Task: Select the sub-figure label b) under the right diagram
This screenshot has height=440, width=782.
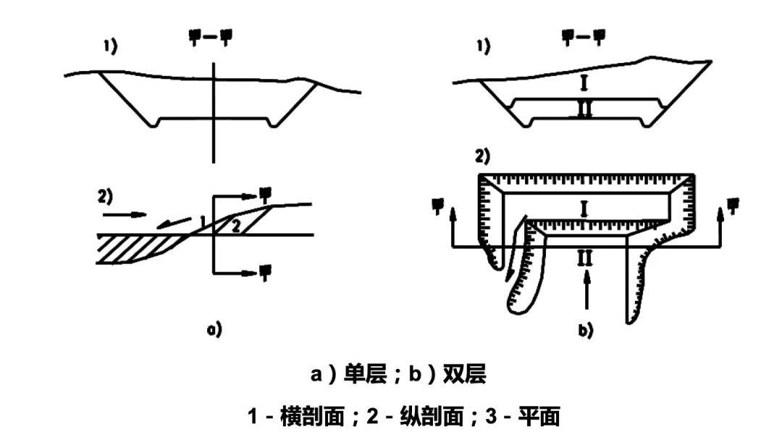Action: coord(585,331)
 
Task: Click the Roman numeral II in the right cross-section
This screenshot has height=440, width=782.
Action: coord(585,109)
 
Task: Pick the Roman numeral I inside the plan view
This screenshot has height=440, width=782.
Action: coord(585,209)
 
